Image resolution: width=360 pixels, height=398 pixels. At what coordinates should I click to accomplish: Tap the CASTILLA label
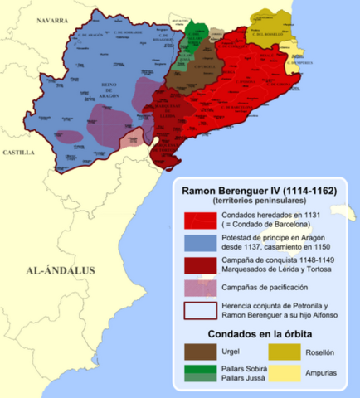17,153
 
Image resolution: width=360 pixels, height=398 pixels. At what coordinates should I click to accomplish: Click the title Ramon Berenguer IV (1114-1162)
259,190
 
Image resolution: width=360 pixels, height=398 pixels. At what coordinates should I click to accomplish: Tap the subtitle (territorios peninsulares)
259,201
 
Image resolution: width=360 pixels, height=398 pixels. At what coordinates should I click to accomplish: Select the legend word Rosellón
318,351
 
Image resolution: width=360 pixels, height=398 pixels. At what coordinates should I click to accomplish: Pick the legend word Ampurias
318,372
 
